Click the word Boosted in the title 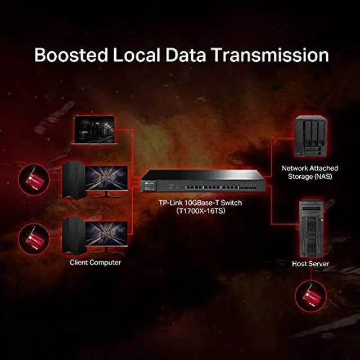(70, 55)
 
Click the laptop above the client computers (94, 130)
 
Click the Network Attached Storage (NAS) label (307, 173)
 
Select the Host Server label (310, 263)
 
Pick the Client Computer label (96, 262)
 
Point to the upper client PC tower (74, 180)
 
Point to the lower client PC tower (74, 235)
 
